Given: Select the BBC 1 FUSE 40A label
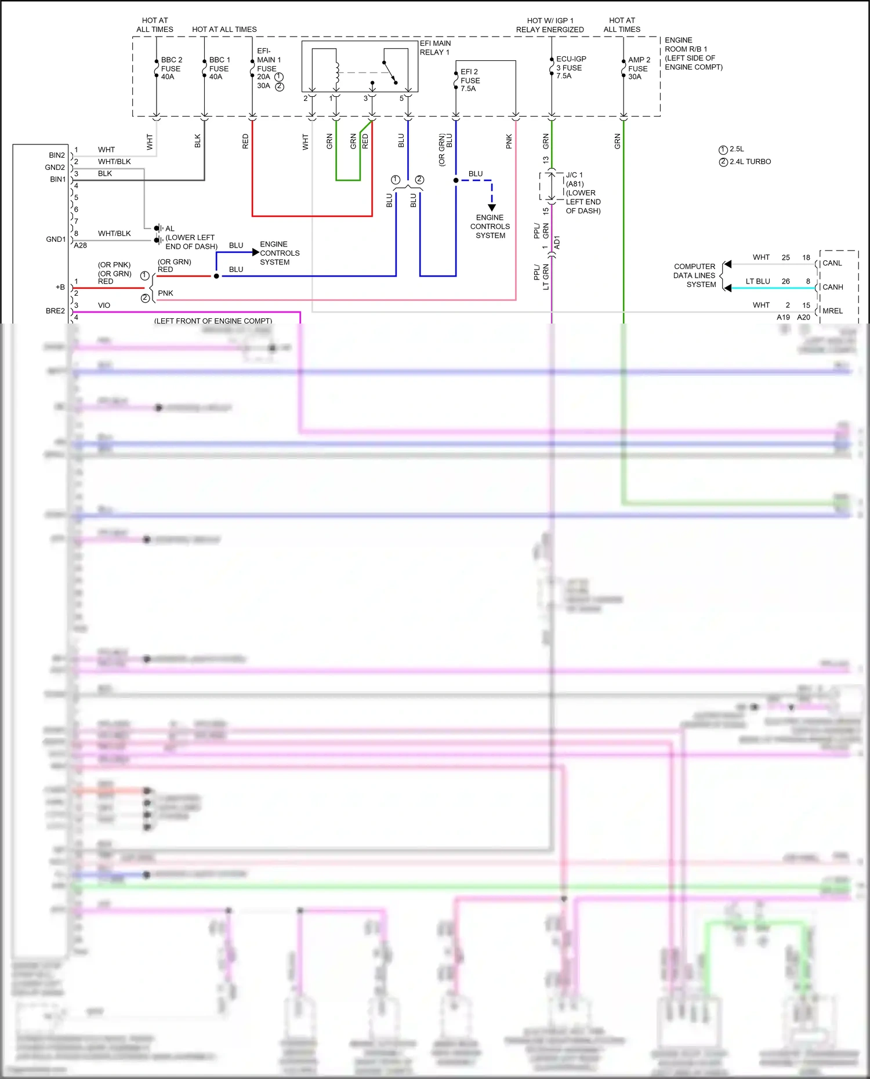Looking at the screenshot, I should pyautogui.click(x=219, y=68).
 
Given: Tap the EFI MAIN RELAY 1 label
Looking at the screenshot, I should pyautogui.click(x=435, y=48).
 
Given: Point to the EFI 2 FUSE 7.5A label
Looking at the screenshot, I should pyautogui.click(x=470, y=80).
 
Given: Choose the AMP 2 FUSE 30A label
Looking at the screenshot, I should pyautogui.click(x=639, y=68).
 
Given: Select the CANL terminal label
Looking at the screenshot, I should pyautogui.click(x=832, y=263).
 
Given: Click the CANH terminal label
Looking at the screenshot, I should pyautogui.click(x=832, y=287).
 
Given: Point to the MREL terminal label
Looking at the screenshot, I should pyautogui.click(x=832, y=311).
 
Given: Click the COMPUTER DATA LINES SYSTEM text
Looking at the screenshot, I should pyautogui.click(x=694, y=275).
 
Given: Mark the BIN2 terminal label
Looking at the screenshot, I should pyautogui.click(x=57, y=155).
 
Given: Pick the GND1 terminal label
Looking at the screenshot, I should pyautogui.click(x=56, y=239).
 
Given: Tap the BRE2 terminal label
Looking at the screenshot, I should pyautogui.click(x=55, y=311).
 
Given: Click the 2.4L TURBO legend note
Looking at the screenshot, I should pyautogui.click(x=750, y=162).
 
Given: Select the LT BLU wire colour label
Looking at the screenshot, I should pyautogui.click(x=757, y=281).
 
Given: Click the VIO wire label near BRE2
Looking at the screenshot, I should pyautogui.click(x=104, y=305).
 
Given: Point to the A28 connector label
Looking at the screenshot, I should pyautogui.click(x=81, y=245).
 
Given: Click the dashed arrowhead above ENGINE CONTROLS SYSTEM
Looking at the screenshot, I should pyautogui.click(x=492, y=208).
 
